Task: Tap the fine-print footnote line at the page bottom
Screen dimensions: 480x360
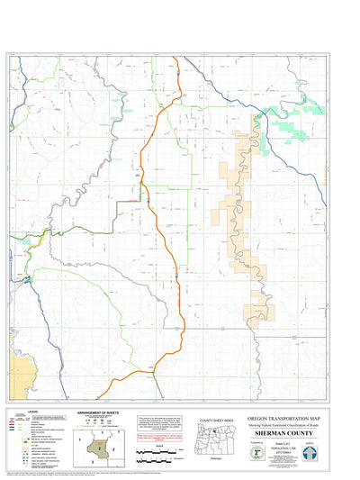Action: click(180, 472)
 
